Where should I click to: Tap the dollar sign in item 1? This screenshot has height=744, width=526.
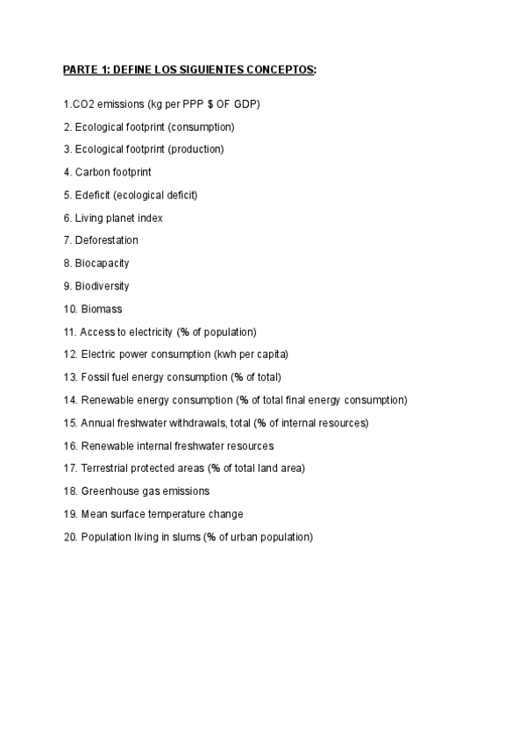[x=211, y=104]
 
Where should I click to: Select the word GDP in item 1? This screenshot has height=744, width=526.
[x=246, y=104]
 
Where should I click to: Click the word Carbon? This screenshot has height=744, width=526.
[x=94, y=172]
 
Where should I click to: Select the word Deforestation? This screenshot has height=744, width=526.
[x=107, y=240]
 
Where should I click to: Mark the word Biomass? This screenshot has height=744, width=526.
[x=102, y=309]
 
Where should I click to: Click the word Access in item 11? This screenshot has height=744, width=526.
[x=96, y=332]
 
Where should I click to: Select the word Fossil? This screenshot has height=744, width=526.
[x=94, y=377]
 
